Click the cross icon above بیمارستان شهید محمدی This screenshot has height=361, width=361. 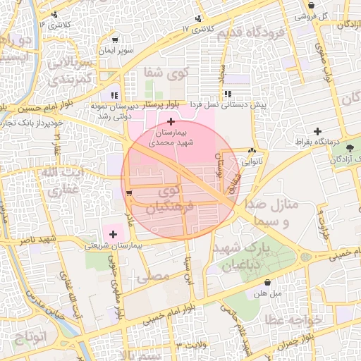pos(171,122)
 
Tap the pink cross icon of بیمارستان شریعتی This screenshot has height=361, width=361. pos(113,233)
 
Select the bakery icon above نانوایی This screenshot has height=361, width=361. pos(252,150)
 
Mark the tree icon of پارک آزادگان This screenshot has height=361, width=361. pos(351,147)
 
